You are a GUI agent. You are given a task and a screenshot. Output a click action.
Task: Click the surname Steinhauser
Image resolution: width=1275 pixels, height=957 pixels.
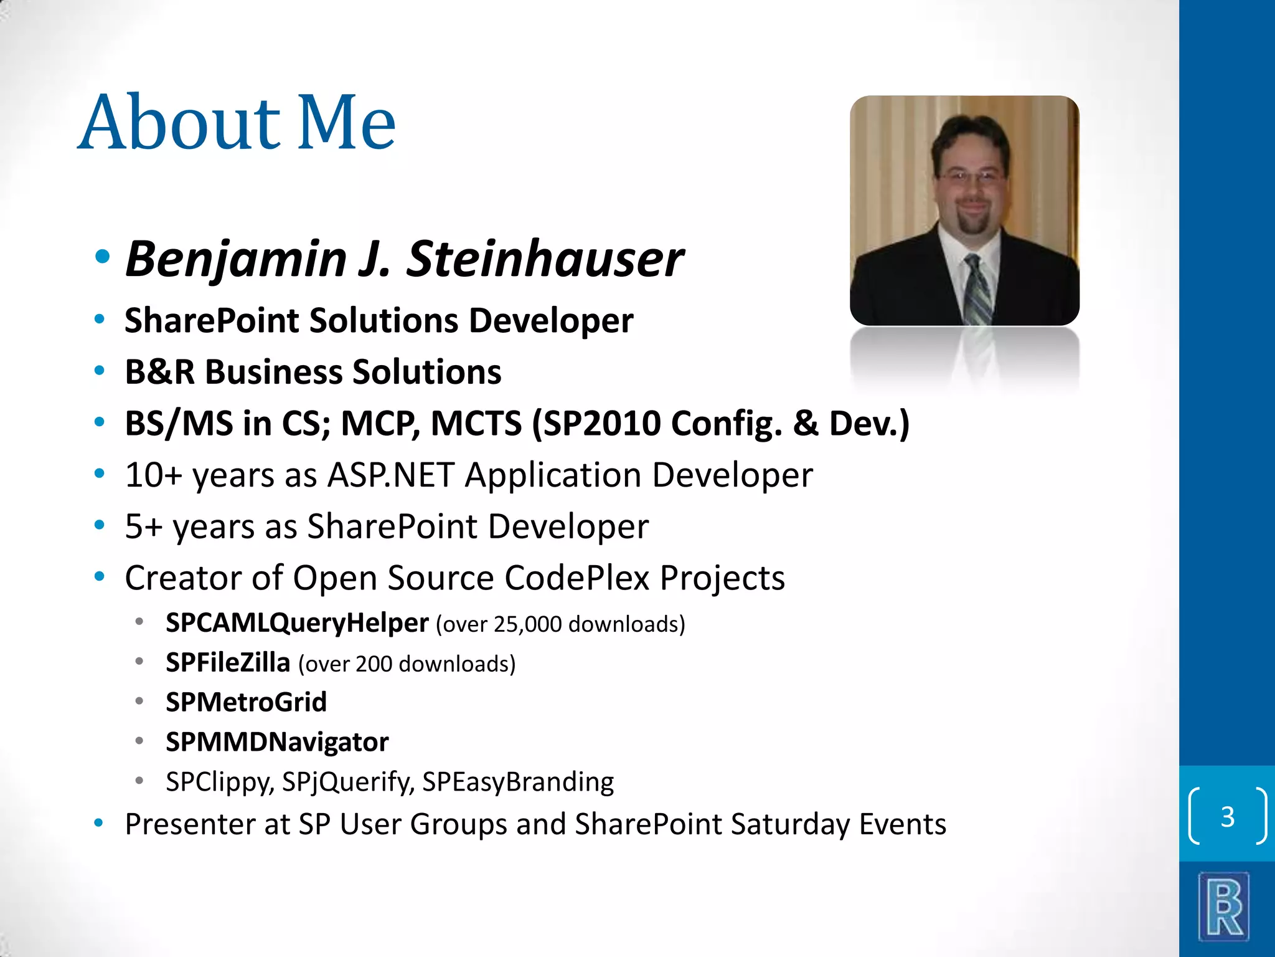545,259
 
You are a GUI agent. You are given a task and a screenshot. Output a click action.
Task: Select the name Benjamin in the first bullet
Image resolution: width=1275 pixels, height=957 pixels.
236,259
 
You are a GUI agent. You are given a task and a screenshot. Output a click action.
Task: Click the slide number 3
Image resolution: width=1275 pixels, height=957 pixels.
1227,817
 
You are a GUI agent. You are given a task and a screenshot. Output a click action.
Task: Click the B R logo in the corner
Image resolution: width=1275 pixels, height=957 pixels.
1224,906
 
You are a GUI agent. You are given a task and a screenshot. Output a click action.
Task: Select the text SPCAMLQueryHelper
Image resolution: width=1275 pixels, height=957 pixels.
297,623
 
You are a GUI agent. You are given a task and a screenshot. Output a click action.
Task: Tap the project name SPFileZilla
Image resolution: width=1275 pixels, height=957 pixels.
228,663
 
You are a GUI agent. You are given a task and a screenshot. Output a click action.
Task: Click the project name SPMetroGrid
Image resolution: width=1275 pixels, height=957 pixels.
246,702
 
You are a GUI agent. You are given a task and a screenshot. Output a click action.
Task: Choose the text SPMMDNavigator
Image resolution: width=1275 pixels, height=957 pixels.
277,742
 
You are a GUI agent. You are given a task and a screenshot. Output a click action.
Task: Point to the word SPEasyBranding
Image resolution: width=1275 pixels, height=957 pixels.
518,782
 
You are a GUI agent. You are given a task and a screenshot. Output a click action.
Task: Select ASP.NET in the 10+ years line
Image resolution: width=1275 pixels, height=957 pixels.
391,475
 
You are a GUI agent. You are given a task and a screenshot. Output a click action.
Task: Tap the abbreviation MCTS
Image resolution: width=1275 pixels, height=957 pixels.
476,424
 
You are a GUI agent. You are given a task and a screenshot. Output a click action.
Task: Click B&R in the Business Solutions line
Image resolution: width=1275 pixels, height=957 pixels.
160,372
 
